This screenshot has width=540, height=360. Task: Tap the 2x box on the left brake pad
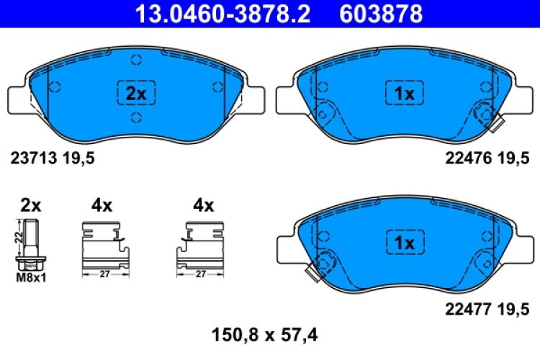coord(136,94)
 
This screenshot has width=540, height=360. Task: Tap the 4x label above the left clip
coord(102,205)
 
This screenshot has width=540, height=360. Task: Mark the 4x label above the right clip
coord(204,205)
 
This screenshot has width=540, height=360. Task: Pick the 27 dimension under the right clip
coord(201,274)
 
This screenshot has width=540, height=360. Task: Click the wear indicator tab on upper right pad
coord(495,126)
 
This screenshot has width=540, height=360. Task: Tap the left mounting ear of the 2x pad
coord(19,99)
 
